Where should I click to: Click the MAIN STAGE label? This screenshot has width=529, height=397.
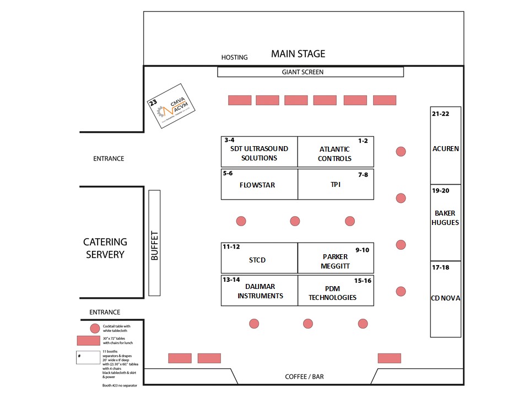pos(298,54)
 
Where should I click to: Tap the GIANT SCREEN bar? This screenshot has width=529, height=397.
pos(310,72)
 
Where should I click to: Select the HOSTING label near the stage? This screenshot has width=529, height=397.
pos(234,57)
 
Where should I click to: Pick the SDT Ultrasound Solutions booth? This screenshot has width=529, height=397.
pos(259,152)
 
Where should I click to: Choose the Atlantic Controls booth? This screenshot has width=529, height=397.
pos(335,152)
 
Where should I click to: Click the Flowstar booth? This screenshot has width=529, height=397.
pos(259,185)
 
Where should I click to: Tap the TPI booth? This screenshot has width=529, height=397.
pos(336,184)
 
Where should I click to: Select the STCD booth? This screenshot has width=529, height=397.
pos(259,258)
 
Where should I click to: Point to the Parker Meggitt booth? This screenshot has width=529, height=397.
pos(336,258)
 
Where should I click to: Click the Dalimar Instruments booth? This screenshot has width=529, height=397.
pos(259,291)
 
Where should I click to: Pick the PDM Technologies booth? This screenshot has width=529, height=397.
pos(336,291)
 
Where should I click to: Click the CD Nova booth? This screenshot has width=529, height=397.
pos(446,299)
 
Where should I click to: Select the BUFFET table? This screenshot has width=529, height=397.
pos(154,243)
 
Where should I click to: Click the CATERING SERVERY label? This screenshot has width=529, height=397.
pos(105,248)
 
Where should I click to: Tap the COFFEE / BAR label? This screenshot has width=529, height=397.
pos(304,377)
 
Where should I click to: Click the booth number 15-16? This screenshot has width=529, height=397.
pos(363,281)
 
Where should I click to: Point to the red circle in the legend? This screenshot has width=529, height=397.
pos(95,328)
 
